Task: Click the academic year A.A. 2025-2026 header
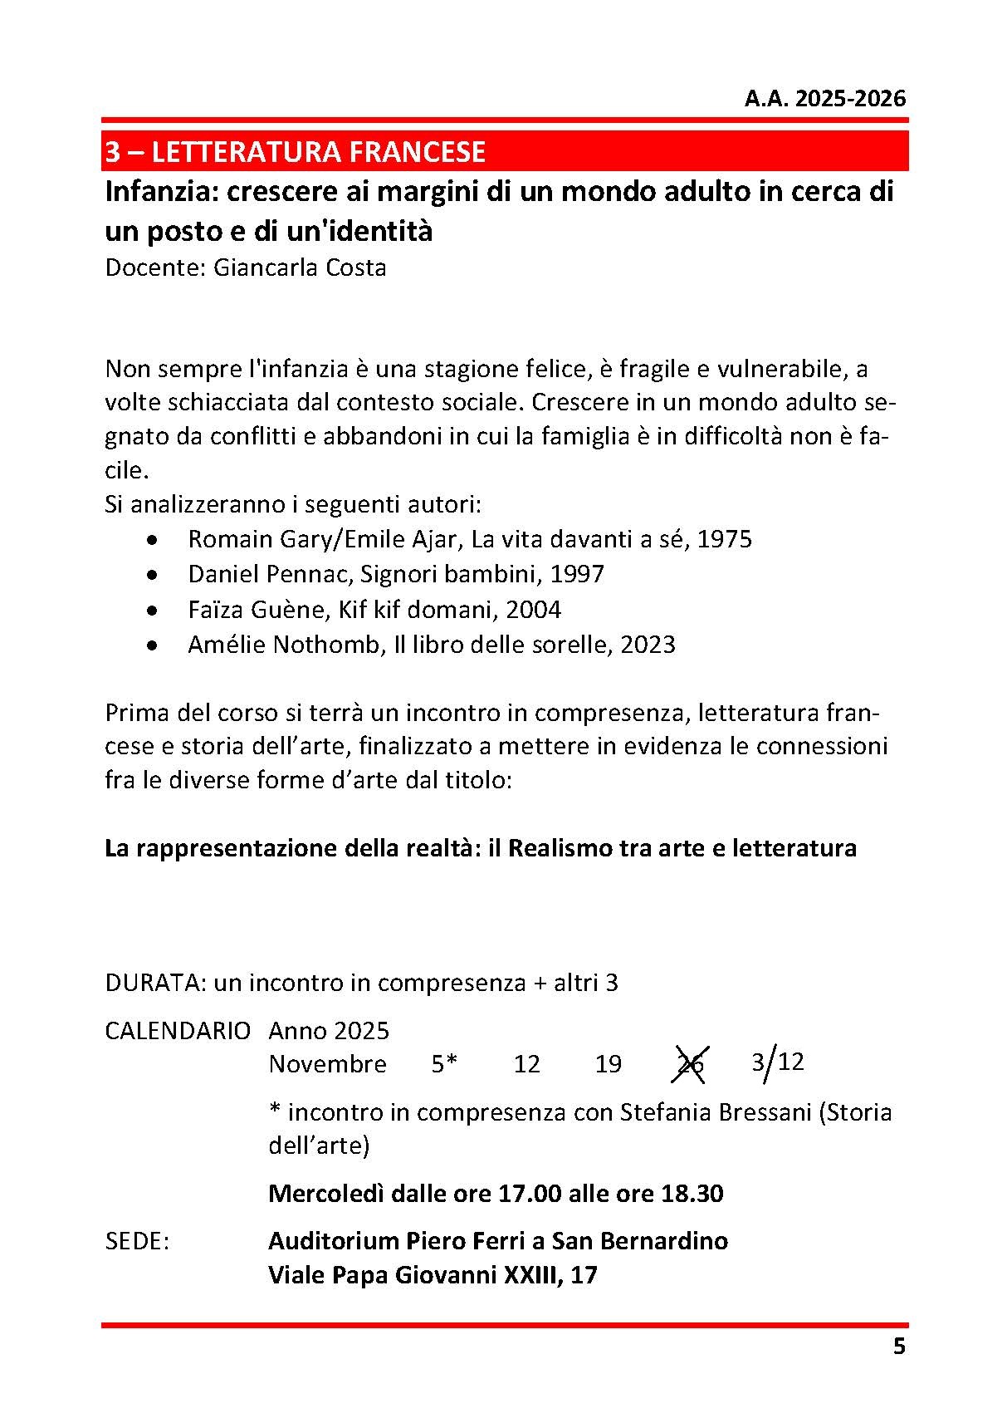pos(824,100)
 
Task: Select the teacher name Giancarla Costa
pos(300,268)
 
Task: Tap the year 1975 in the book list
pos(724,539)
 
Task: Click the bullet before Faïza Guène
pos(150,611)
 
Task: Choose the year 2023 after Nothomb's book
pos(648,645)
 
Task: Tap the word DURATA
pos(153,983)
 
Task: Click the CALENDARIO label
pos(178,1031)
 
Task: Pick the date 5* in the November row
pos(444,1064)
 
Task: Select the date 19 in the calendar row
pos(609,1064)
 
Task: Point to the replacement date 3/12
pos(778,1062)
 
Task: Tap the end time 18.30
pos(692,1194)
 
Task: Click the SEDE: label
pos(137,1241)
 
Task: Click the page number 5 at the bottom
pos(899,1347)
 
